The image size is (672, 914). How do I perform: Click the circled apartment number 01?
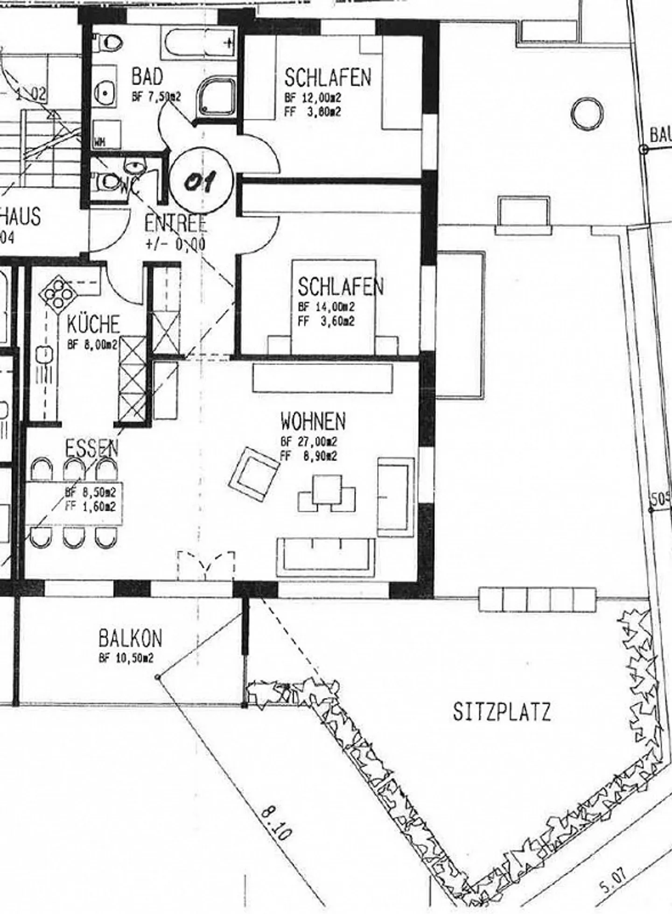pyautogui.click(x=201, y=180)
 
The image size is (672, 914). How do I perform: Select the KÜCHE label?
pyautogui.click(x=93, y=324)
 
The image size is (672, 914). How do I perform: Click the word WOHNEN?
pyautogui.click(x=313, y=421)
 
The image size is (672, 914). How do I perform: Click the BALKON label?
pyautogui.click(x=131, y=638)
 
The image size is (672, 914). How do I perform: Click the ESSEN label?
pyautogui.click(x=91, y=449)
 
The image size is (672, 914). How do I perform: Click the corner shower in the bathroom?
pyautogui.click(x=218, y=97)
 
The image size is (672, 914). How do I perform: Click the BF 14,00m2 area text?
pyautogui.click(x=326, y=307)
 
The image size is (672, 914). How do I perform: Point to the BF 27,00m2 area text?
pyautogui.click(x=309, y=442)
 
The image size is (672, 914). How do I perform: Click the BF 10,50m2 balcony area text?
pyautogui.click(x=126, y=658)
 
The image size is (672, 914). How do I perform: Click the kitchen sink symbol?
pyautogui.click(x=45, y=355)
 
